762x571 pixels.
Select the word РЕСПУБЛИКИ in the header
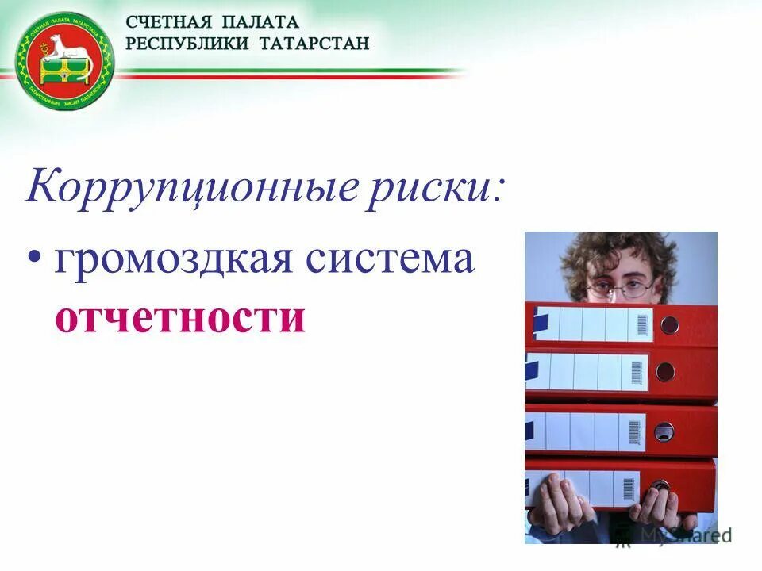tap(186, 43)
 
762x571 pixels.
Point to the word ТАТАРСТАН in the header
tap(315, 43)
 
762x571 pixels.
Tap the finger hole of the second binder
tap(664, 370)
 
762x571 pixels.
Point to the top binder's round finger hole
tap(670, 324)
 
